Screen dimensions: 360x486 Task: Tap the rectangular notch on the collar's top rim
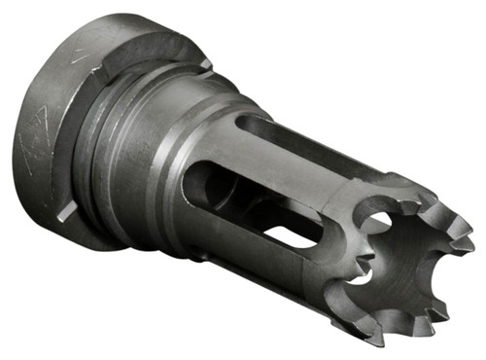point(205,64)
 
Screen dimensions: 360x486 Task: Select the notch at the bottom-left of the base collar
point(64,215)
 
